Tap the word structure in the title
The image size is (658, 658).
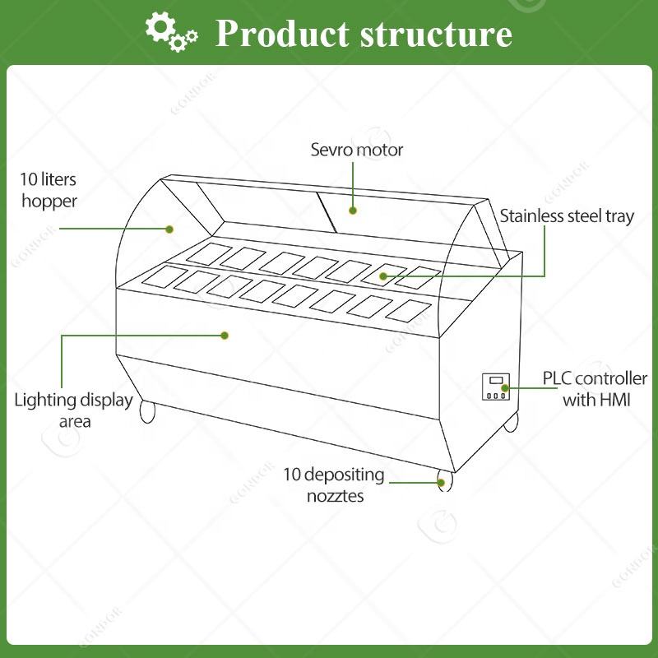436,34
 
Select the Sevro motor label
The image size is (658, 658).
356,150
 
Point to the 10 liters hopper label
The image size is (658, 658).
49,190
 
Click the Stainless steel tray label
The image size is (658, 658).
567,216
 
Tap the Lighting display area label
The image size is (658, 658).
73,410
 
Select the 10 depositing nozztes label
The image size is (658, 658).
333,484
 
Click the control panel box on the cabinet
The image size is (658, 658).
495,387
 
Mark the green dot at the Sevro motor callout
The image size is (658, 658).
353,211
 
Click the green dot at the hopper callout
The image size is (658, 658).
170,229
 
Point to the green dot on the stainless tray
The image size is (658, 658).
383,276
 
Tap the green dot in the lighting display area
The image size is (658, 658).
224,335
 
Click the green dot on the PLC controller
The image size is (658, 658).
506,387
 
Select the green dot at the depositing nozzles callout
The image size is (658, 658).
441,481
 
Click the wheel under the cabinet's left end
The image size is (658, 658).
148,411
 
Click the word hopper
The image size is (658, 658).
49,201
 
